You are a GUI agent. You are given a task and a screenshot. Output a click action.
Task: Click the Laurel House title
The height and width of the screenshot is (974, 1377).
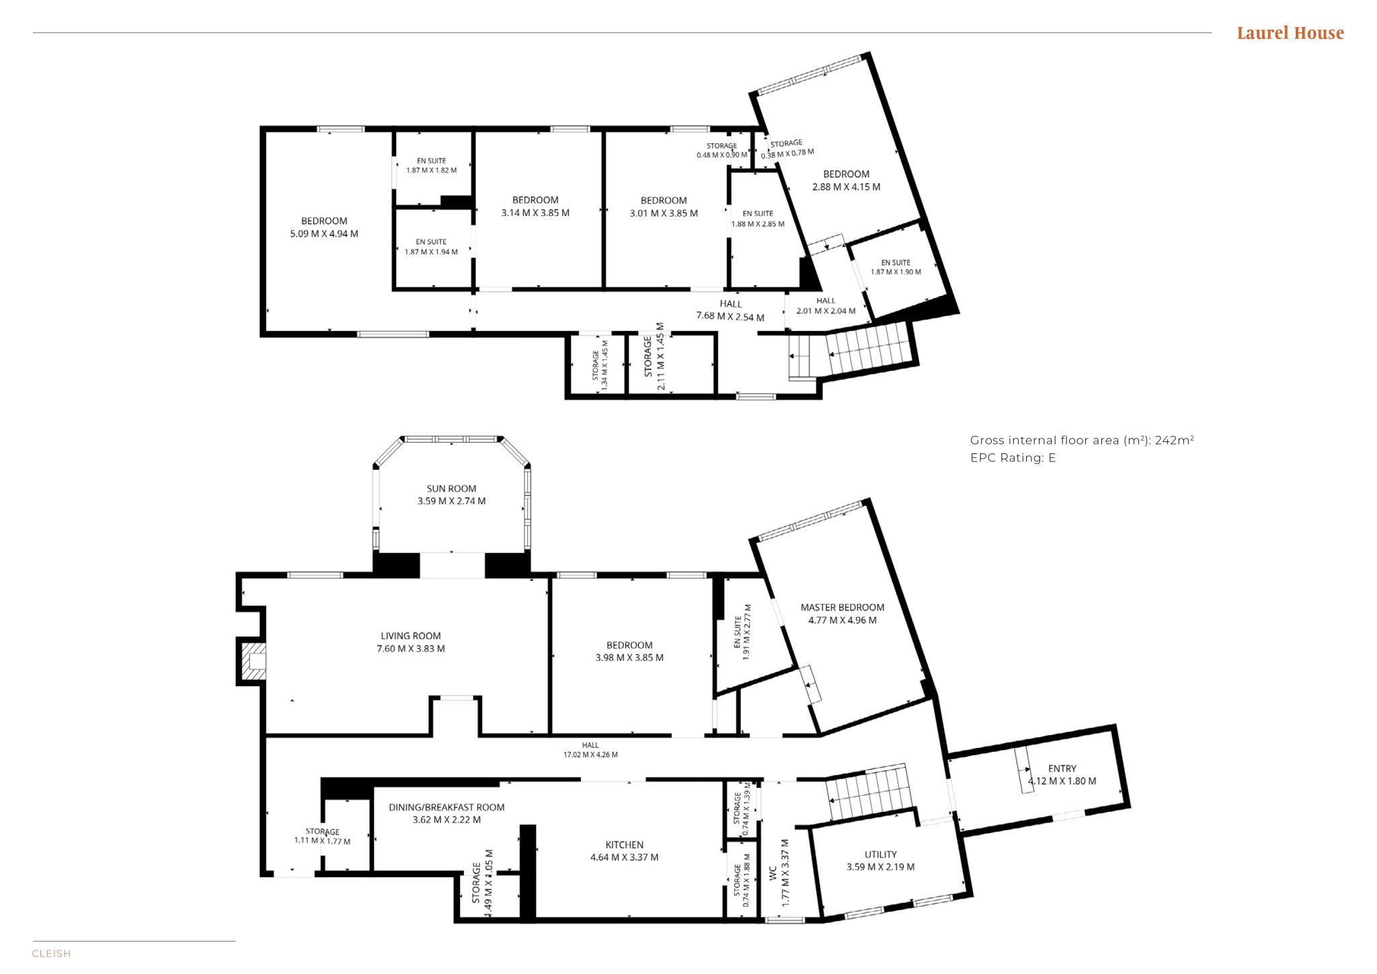(x=1290, y=33)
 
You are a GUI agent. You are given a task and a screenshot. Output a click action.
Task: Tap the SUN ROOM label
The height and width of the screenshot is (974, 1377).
(x=451, y=489)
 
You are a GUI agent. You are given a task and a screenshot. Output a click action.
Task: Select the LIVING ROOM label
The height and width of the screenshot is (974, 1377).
(x=411, y=636)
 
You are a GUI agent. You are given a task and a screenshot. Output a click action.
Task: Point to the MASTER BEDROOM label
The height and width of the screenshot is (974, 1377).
(x=842, y=607)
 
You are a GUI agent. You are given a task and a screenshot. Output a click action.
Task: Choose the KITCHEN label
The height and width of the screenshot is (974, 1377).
(x=625, y=845)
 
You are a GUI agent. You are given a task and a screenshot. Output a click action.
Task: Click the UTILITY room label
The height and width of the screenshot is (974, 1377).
(x=881, y=854)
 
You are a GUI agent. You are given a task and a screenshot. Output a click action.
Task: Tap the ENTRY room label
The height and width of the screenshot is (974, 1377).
(x=1062, y=768)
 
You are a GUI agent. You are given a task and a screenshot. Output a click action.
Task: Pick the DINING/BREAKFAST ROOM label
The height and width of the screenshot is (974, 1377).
(x=446, y=807)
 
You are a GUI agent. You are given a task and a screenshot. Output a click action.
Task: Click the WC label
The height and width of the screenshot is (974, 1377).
(x=773, y=873)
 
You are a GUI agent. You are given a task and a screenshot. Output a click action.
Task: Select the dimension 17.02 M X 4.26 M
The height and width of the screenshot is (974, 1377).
(x=590, y=755)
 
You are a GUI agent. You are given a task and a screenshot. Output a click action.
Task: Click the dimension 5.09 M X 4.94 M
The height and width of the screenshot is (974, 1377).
(x=324, y=234)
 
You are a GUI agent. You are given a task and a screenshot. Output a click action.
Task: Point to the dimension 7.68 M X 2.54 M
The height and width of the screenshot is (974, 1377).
(x=730, y=317)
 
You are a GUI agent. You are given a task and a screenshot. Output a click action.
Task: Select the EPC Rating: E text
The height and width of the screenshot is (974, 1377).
(x=1013, y=458)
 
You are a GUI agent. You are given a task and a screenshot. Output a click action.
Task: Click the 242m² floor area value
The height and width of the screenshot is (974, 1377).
(x=1175, y=441)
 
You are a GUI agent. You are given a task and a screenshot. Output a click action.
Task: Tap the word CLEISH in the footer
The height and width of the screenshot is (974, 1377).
(x=51, y=954)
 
